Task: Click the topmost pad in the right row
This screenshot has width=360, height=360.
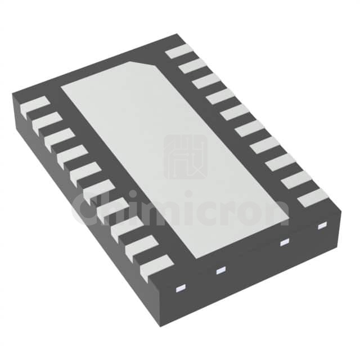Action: tap(180, 51)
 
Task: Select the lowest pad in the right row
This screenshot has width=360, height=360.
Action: tap(314, 197)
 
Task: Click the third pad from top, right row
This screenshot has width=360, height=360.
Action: tap(206, 81)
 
